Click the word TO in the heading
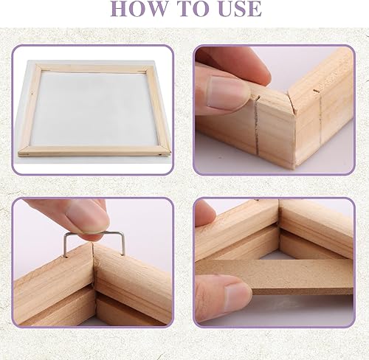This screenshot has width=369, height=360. tap(194, 9)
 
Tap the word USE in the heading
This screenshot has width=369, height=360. tap(239, 9)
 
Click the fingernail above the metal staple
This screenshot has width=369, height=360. tap(87, 217)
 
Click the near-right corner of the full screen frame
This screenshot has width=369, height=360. tap(170, 154)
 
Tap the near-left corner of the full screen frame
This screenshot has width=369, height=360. tap(18, 154)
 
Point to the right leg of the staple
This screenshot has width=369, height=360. tap(123, 243)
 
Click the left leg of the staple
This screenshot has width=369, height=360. tap(65, 246)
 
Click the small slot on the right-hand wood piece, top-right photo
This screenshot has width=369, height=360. tap(317, 91)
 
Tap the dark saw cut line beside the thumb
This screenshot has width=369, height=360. tap(257, 128)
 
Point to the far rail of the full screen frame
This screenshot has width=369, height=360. tap(94, 68)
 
